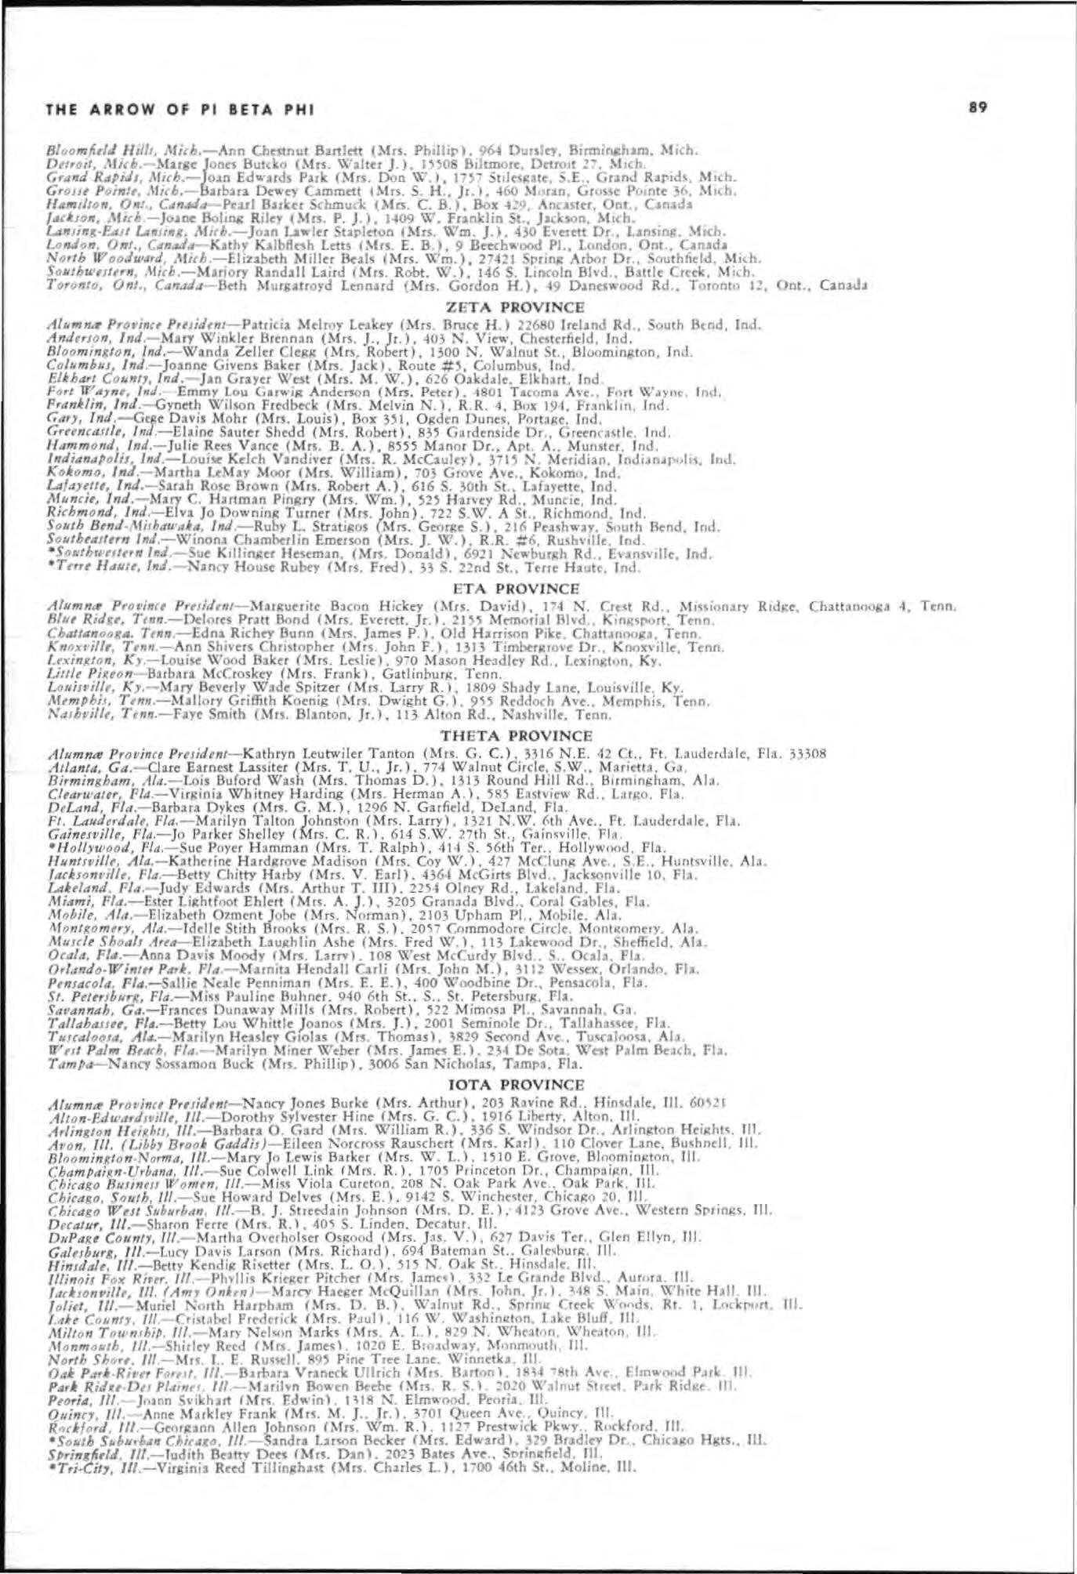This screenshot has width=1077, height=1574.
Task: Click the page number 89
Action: point(977,107)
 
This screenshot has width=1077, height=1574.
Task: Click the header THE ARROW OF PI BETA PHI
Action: point(180,110)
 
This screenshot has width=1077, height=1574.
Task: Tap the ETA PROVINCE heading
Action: point(517,589)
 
